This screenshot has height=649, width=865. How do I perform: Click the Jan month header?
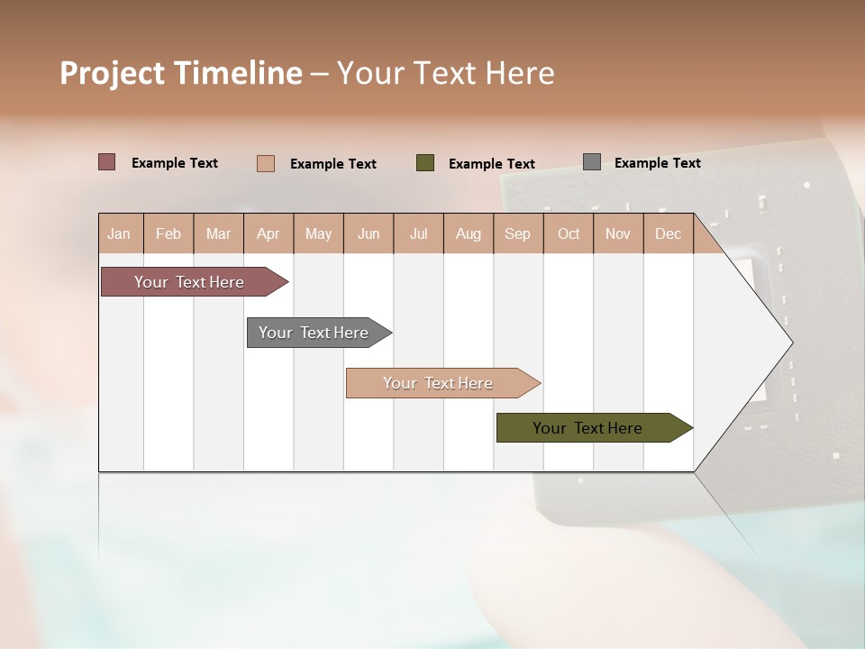pyautogui.click(x=119, y=233)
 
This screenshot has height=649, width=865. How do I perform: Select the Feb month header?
pyautogui.click(x=168, y=233)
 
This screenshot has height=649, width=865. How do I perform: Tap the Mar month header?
pyautogui.click(x=218, y=233)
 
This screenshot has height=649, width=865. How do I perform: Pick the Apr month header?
pyautogui.click(x=269, y=233)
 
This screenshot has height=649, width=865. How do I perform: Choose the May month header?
pyautogui.click(x=318, y=233)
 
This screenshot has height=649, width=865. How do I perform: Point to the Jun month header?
pyautogui.click(x=369, y=233)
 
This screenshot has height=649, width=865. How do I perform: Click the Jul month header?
pyautogui.click(x=418, y=233)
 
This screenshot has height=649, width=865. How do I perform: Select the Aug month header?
pyautogui.click(x=469, y=233)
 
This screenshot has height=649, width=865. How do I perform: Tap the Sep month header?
pyautogui.click(x=518, y=233)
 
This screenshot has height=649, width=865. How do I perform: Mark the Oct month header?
pyautogui.click(x=569, y=233)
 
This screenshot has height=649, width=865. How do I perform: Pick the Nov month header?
pyautogui.click(x=618, y=233)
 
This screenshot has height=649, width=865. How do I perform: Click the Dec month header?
pyautogui.click(x=668, y=233)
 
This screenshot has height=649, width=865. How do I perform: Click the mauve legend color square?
pyautogui.click(x=106, y=162)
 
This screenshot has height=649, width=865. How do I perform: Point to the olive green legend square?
pyautogui.click(x=425, y=163)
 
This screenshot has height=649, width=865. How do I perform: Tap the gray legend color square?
pyautogui.click(x=592, y=162)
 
